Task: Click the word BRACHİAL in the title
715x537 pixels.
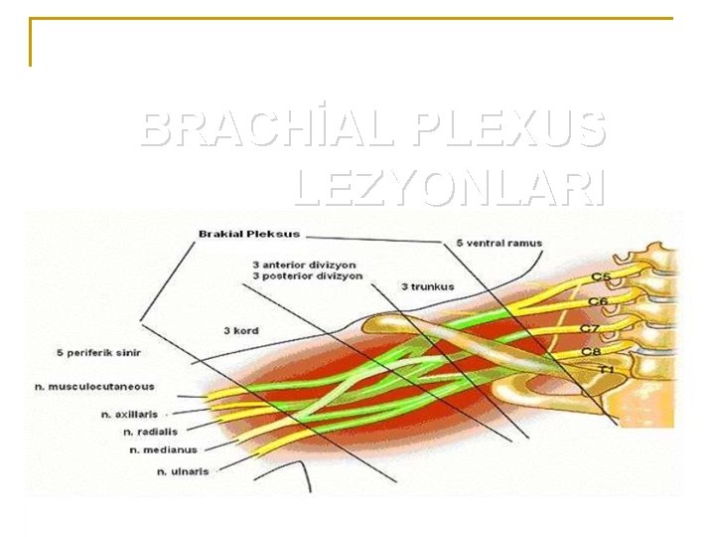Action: [267, 129]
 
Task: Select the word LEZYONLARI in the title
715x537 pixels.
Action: [449, 187]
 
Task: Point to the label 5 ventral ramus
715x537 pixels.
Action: [500, 243]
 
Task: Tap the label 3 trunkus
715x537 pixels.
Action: [428, 286]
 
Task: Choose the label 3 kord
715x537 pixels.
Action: [239, 331]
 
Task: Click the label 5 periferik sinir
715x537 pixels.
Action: [98, 353]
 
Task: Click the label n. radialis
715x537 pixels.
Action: [150, 432]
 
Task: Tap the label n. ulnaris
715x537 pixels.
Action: [183, 471]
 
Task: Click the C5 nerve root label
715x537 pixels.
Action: [601, 276]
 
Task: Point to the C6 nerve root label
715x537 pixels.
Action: [597, 301]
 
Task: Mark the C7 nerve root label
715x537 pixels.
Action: [590, 328]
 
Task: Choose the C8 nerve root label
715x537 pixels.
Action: [590, 351]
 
